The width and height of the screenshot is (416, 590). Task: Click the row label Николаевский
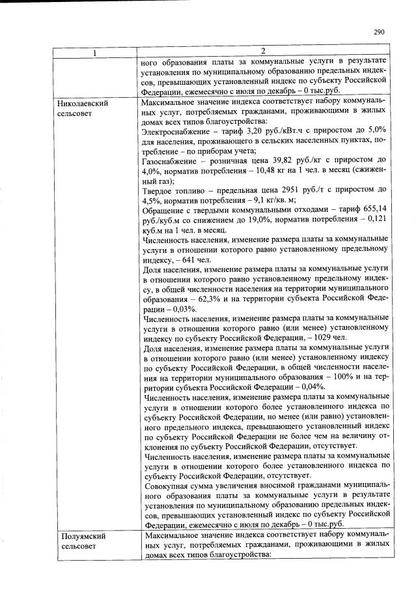pyautogui.click(x=83, y=104)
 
